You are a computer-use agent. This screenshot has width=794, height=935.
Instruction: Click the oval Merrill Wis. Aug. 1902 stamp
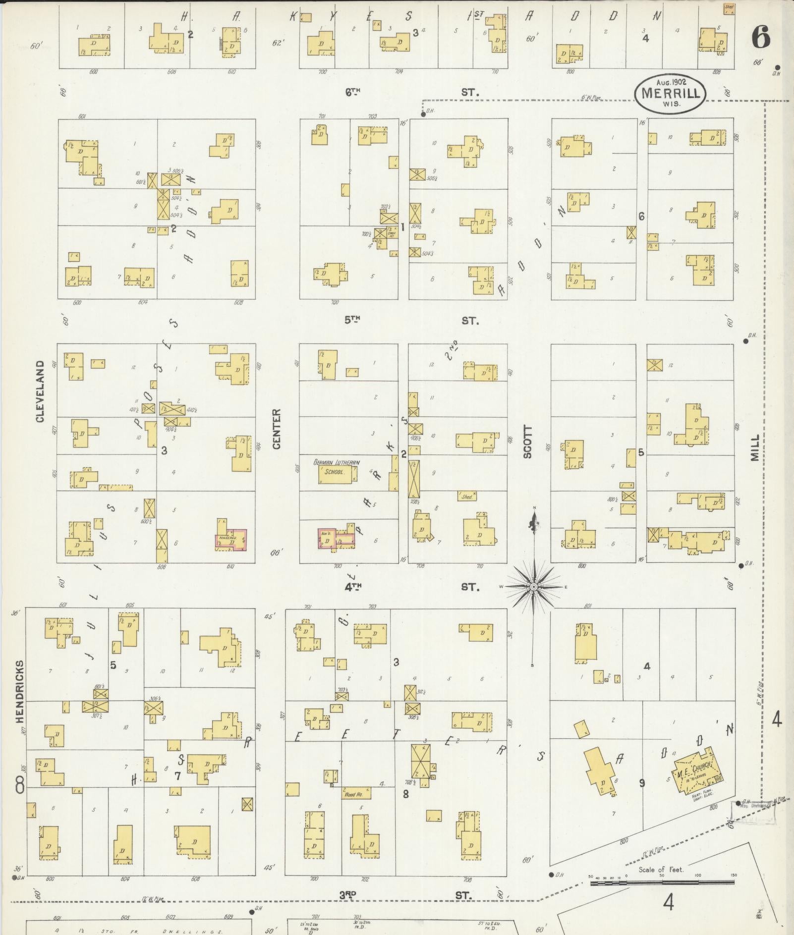click(x=672, y=93)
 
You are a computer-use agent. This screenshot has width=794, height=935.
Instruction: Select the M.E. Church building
click(x=694, y=776)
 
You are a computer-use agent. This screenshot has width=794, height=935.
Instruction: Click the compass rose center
click(x=534, y=587)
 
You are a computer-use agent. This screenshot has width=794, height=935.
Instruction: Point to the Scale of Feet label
click(x=661, y=869)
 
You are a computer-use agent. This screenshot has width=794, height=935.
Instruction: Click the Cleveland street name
click(x=40, y=391)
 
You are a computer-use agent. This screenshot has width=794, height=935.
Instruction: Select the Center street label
click(x=277, y=429)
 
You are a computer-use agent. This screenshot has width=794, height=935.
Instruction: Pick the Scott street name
click(x=528, y=442)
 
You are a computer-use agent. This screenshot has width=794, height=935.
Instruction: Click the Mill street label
click(x=755, y=448)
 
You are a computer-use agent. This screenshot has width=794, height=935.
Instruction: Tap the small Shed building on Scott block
click(x=467, y=496)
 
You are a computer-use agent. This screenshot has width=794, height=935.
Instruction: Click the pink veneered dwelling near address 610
click(x=231, y=540)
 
